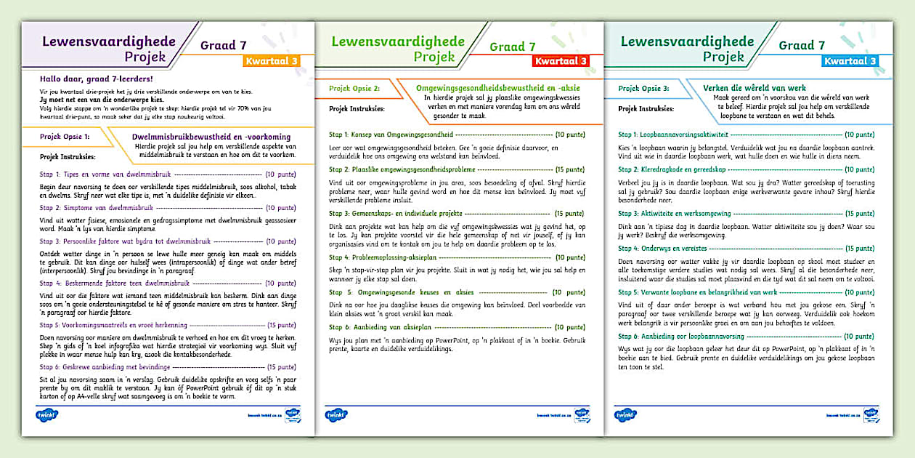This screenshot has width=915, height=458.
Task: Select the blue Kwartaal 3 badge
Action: [849, 61]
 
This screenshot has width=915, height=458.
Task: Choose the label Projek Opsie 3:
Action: [643, 88]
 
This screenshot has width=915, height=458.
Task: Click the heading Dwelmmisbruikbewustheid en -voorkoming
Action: [211, 137]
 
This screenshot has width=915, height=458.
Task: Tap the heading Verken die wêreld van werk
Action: [755, 88]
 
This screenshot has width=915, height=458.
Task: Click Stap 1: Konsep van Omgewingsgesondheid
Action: [391, 134]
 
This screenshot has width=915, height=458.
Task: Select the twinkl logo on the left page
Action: [46, 415]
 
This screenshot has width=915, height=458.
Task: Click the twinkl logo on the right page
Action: [625, 415]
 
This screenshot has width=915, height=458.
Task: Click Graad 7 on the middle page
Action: [513, 47]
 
